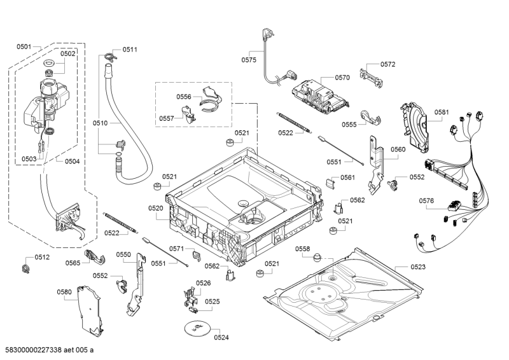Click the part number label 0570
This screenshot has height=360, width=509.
pyautogui.click(x=342, y=78)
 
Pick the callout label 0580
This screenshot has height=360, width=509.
pyautogui.click(x=64, y=293)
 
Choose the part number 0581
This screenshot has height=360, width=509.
pyautogui.click(x=442, y=112)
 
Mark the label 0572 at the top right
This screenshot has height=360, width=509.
pyautogui.click(x=388, y=64)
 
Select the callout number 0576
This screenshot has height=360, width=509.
pyautogui.click(x=426, y=201)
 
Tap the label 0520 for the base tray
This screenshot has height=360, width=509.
pyautogui.click(x=156, y=208)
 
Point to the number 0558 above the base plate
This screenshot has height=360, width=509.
pyautogui.click(x=302, y=248)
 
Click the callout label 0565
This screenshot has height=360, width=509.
pyautogui.click(x=73, y=263)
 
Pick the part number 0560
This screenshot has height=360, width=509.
pyautogui.click(x=398, y=149)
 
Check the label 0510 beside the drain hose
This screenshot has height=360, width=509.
pyautogui.click(x=101, y=122)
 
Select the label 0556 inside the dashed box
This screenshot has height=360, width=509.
pyautogui.click(x=184, y=97)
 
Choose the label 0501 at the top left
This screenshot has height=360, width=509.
pyautogui.click(x=24, y=46)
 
